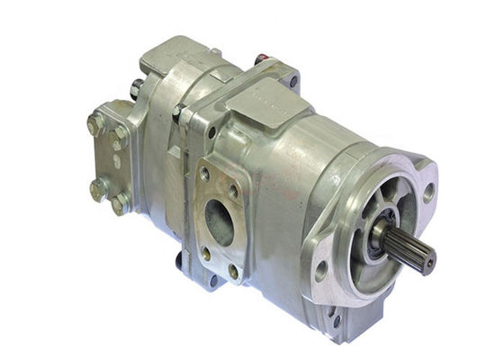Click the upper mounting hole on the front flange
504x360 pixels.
click(428, 192)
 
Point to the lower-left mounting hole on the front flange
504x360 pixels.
click(321, 267)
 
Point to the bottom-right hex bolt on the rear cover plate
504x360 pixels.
click(119, 204)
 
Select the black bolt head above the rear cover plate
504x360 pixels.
click(135, 88)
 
